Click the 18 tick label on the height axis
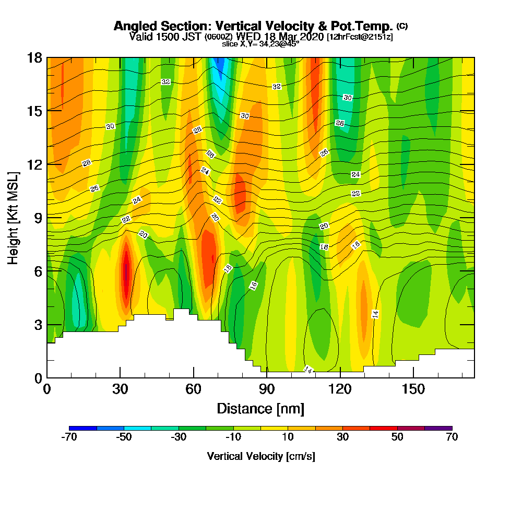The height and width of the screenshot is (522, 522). tap(34, 57)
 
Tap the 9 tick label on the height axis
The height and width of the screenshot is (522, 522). tap(38, 217)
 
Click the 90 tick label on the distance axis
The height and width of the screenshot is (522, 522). tap(267, 389)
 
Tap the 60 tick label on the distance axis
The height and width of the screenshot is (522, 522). tap(194, 389)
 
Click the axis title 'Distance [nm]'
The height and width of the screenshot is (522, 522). tap(260, 408)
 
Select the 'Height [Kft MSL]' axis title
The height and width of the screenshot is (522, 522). tap(13, 217)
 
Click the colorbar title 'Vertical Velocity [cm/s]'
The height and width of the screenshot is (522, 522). tap(261, 456)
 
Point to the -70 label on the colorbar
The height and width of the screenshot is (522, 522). tap(69, 437)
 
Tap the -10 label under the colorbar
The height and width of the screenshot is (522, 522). tap(233, 437)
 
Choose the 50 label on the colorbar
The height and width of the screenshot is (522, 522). tap(397, 437)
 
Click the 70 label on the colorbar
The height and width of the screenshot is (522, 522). tap(452, 437)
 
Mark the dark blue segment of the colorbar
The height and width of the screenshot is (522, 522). tap(83, 428)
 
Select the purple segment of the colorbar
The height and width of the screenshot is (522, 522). tap(438, 428)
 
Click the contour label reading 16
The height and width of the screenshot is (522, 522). tap(254, 286)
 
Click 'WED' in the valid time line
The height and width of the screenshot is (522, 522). tap(248, 37)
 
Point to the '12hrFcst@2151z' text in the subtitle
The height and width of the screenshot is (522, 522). tap(360, 37)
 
